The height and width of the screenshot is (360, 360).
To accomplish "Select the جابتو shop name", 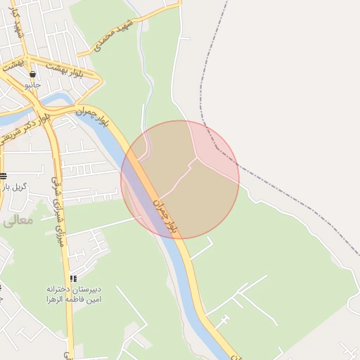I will (33, 85).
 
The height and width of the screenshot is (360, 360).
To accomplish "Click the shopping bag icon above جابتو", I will (33, 74).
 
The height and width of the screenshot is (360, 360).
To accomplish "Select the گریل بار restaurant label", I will (14, 187).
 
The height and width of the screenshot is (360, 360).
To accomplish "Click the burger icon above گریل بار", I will (4, 176).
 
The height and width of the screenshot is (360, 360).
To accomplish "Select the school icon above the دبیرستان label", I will (74, 279).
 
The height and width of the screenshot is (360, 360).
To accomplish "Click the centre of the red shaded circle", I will (180, 179).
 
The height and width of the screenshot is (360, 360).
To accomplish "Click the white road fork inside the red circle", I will (196, 158).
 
